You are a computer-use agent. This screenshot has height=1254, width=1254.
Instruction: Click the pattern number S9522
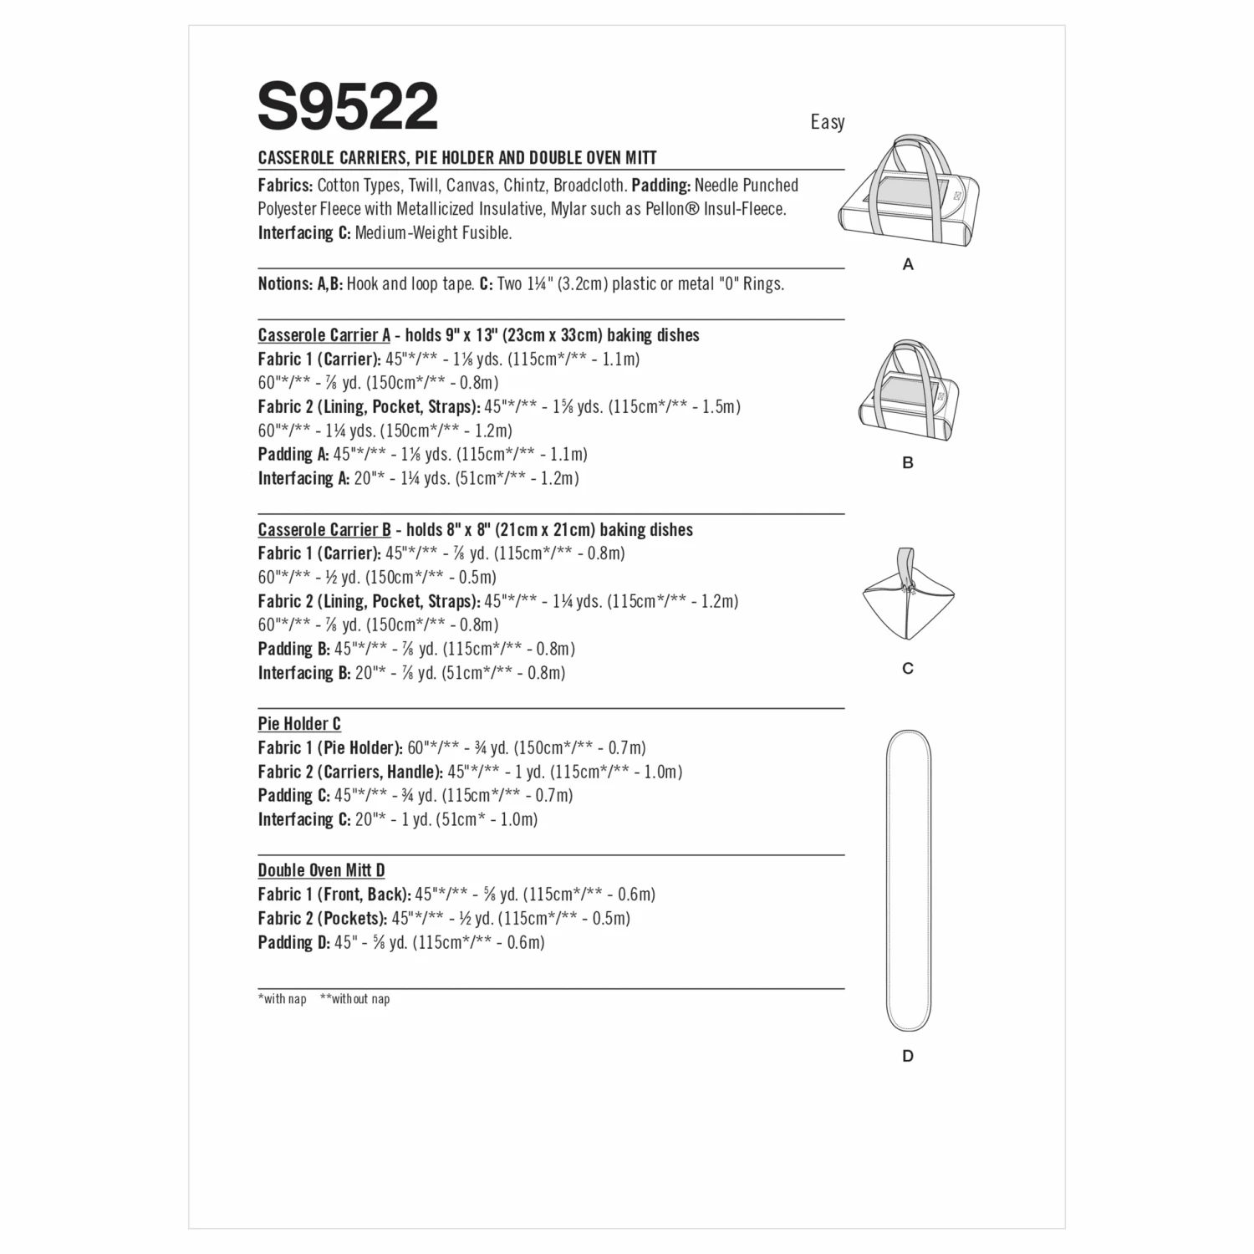(348, 107)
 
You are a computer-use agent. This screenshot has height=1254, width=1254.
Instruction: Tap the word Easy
(827, 122)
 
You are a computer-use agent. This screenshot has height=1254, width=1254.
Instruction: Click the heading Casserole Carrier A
(324, 335)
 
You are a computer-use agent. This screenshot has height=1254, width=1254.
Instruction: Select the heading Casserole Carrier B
(324, 530)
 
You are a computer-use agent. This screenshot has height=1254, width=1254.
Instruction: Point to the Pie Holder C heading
(299, 724)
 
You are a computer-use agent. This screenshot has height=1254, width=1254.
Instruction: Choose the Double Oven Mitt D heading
(321, 870)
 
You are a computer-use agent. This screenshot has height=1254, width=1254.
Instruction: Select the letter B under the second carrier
(908, 462)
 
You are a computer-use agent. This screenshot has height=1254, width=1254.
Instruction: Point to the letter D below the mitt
(908, 1056)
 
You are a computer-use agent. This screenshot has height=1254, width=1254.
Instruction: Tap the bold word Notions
(285, 284)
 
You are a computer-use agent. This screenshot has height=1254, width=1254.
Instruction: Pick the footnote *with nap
(283, 999)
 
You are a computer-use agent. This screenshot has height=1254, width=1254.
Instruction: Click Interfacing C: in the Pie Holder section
(303, 819)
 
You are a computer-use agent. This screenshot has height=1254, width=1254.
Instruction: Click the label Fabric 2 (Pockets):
(323, 918)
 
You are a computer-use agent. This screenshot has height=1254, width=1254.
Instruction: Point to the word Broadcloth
(589, 186)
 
